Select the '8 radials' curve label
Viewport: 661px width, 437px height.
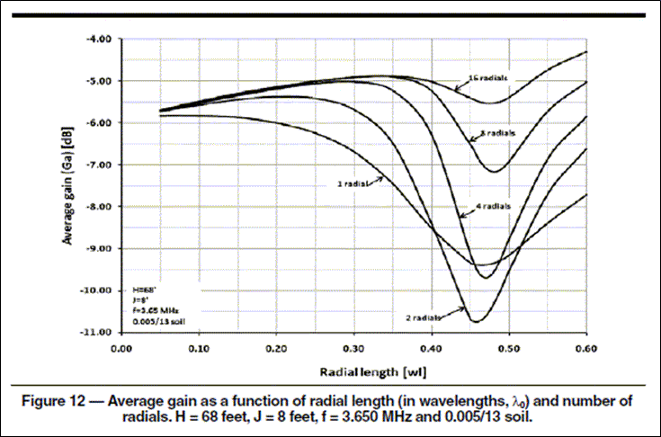click(494, 133)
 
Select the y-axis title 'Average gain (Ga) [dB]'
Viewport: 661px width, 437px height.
click(68, 186)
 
